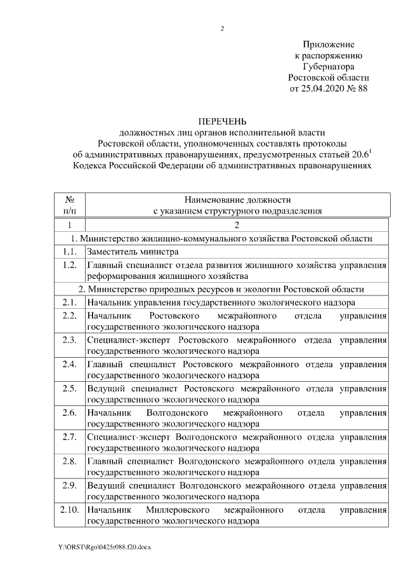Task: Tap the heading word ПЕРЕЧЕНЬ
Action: point(222,121)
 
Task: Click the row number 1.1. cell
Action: point(70,251)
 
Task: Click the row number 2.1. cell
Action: point(70,302)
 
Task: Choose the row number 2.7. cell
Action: point(70,436)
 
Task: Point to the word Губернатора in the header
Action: point(329,66)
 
